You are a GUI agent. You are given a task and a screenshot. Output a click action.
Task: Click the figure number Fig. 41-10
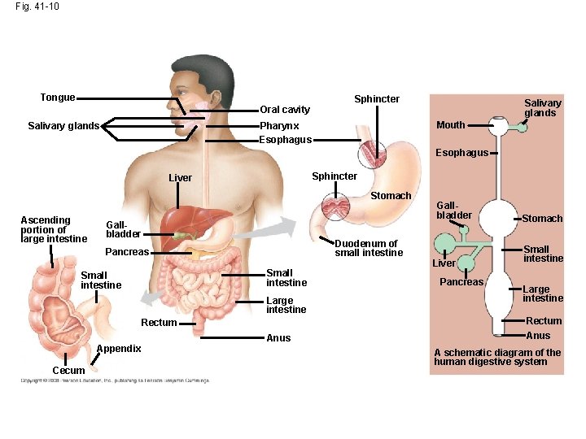37,7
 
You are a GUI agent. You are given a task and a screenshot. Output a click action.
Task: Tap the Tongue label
58,98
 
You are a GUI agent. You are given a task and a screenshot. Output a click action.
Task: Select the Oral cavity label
285,110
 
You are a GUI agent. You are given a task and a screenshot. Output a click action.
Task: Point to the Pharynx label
279,126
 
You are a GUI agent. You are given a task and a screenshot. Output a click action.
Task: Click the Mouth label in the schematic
450,125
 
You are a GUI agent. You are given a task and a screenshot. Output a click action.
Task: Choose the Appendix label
119,349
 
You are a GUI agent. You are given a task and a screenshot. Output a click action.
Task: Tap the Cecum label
68,371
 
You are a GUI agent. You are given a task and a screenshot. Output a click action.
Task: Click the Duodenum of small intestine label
368,248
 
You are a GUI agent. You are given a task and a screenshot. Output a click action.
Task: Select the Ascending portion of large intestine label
54,229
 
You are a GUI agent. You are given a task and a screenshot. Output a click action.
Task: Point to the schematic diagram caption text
497,357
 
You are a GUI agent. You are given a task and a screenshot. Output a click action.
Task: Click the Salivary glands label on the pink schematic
542,108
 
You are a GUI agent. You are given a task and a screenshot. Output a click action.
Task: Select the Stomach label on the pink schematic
542,219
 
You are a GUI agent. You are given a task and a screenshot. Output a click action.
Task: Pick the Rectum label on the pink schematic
544,321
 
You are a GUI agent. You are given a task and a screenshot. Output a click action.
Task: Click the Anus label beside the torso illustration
278,338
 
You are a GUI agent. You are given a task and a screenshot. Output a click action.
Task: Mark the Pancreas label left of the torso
127,252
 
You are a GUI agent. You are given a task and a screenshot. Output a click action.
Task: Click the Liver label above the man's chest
180,178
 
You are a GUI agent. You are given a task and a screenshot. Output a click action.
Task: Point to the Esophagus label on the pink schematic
461,153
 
